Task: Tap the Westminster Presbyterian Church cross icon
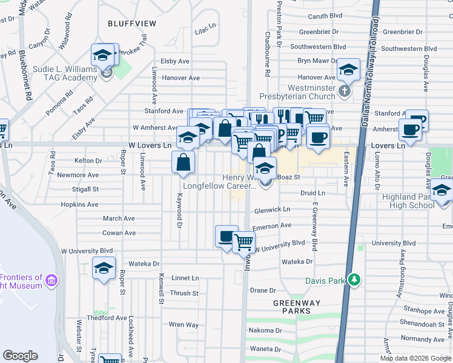point(344,91)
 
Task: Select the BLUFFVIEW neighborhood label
point(131,24)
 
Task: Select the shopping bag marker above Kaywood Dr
point(183,162)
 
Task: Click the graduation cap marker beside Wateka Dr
point(104,267)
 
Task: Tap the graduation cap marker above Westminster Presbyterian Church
point(349,70)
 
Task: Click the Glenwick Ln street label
point(272,210)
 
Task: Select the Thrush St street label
point(185,293)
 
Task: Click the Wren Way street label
point(184,325)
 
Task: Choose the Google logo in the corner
point(21,356)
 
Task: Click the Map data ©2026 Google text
point(415,358)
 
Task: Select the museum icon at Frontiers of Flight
point(51,281)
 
